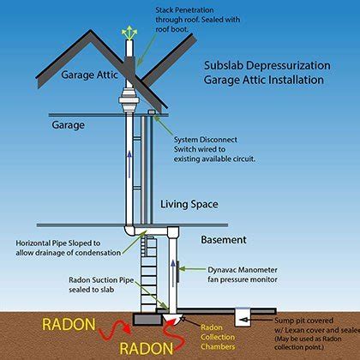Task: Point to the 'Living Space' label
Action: [x=186, y=204]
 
